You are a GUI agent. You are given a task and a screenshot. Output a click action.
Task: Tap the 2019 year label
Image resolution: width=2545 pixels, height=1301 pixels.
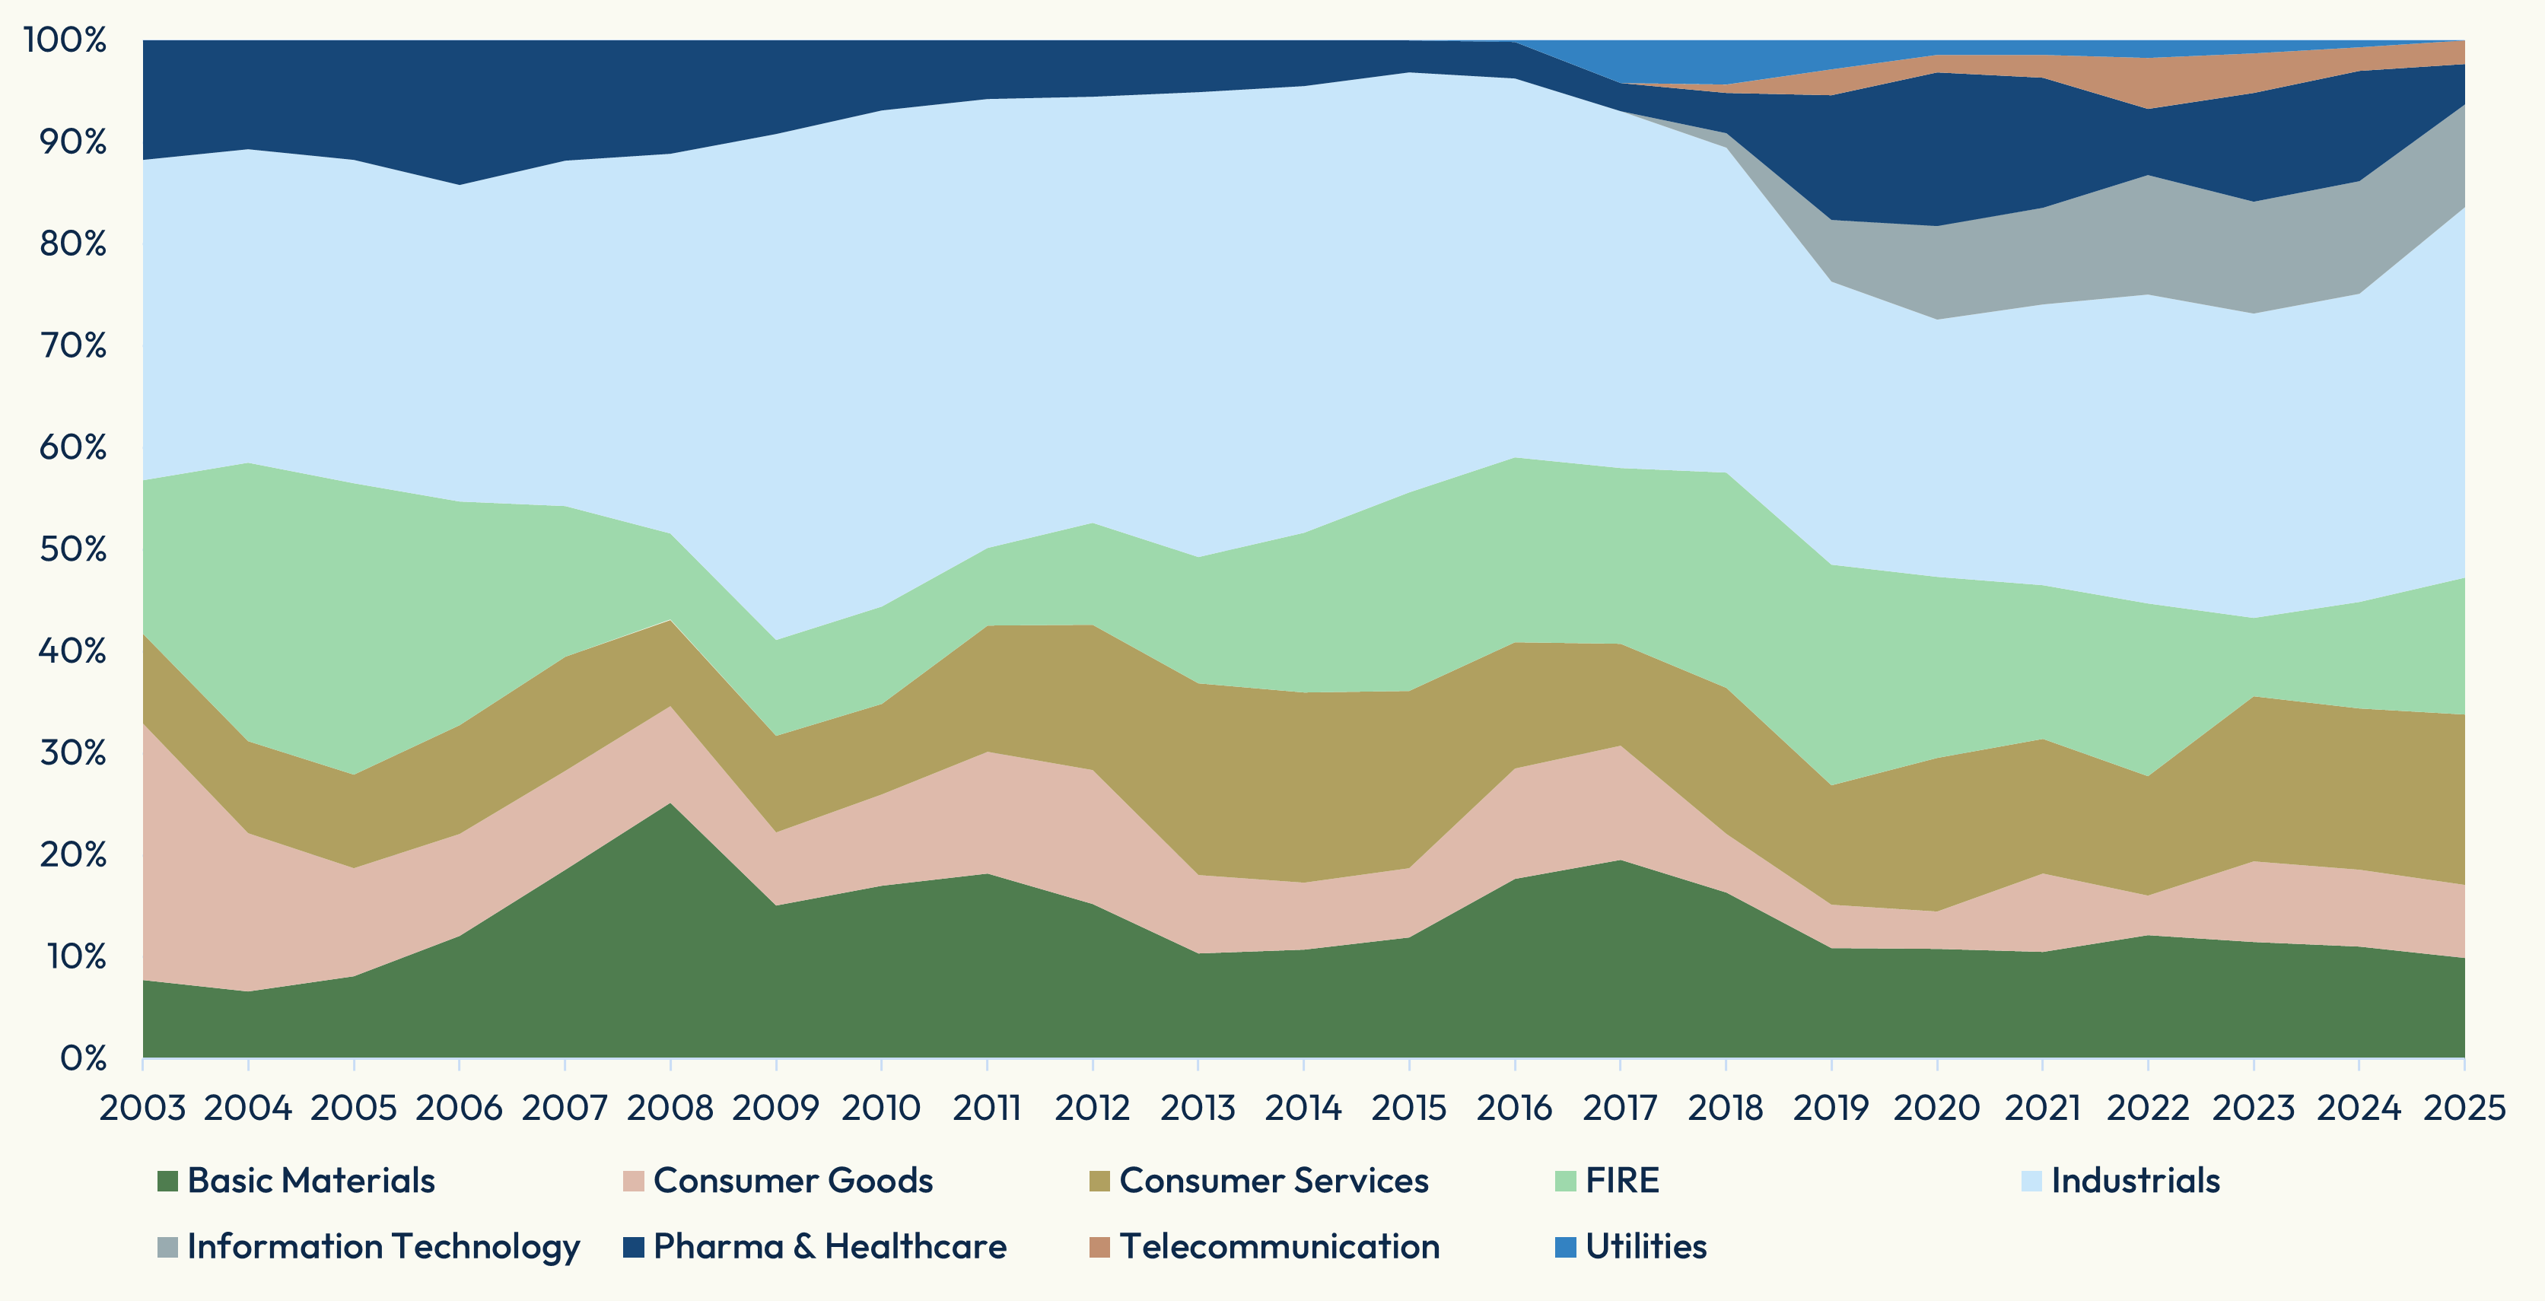1831,1108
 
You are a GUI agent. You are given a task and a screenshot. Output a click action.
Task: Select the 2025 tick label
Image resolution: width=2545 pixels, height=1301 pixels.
2464,1108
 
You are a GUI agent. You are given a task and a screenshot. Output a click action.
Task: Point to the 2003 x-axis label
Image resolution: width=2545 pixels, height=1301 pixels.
142,1108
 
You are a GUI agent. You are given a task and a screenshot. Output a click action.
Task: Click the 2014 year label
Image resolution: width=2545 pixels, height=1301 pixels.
1303,1108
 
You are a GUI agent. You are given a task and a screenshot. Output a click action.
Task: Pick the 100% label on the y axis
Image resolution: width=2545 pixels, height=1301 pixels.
65,40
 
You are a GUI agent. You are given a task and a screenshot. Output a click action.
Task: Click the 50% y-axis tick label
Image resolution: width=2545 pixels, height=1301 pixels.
72,549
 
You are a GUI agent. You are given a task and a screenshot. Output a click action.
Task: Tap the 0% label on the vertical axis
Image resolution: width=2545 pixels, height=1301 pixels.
82,1058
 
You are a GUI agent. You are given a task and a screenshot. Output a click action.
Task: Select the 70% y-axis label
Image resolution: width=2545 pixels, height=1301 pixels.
72,345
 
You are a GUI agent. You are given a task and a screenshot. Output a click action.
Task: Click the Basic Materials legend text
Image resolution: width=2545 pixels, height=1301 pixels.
311,1181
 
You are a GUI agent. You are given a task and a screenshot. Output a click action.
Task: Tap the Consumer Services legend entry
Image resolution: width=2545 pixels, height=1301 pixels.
1274,1181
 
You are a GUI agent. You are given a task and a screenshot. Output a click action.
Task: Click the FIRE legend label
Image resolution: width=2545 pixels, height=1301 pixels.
1622,1181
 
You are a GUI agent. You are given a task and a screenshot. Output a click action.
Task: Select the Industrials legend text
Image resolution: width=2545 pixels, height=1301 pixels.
2135,1181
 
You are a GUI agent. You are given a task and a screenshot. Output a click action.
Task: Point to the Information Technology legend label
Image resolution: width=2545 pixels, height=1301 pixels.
383,1247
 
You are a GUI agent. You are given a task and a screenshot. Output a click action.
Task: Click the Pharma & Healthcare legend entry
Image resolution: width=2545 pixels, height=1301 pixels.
830,1247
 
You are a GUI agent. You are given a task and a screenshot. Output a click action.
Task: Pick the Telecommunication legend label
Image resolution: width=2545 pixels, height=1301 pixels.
1280,1247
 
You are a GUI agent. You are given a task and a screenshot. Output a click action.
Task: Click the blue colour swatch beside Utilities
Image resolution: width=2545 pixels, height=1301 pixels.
1565,1247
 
